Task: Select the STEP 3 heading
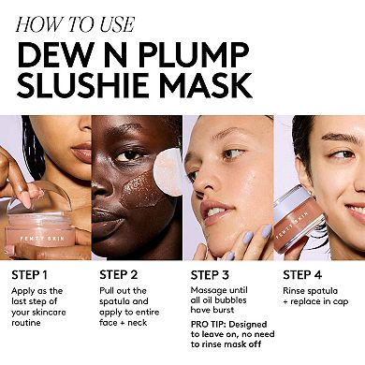click(215, 275)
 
